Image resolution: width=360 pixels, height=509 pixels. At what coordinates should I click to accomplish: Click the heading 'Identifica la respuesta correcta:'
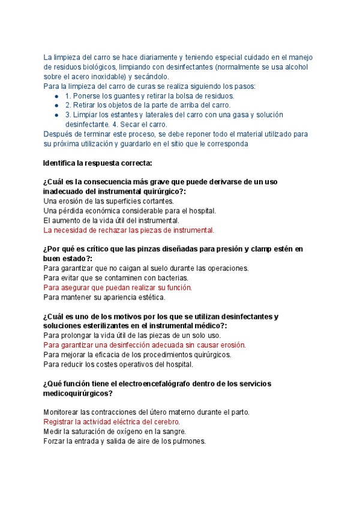(98, 163)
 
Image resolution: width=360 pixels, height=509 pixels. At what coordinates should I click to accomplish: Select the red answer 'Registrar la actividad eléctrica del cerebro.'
(112, 422)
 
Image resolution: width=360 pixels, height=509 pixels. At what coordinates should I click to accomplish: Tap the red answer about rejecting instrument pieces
(129, 230)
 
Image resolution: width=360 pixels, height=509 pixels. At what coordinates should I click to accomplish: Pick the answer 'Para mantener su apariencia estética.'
(104, 297)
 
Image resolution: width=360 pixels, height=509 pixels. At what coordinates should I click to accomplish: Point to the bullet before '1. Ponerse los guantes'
(56, 96)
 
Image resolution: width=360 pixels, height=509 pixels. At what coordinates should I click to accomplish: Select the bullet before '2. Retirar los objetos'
(56, 106)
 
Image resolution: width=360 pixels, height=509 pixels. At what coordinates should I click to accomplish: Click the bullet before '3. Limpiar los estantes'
(56, 115)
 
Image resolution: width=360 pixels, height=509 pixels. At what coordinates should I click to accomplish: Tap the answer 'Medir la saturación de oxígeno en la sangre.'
(115, 432)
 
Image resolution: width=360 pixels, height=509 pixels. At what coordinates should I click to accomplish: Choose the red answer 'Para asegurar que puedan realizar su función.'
(118, 288)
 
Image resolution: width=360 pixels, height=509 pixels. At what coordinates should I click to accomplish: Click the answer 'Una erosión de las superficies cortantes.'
(109, 201)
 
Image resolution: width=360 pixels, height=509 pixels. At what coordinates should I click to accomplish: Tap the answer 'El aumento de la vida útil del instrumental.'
(110, 220)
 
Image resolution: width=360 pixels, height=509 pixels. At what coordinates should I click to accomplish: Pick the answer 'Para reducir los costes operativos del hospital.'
(118, 364)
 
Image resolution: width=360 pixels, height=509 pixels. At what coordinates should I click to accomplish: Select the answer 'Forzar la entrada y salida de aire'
(125, 441)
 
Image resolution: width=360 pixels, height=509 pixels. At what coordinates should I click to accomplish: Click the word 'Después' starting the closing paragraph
(58, 134)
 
